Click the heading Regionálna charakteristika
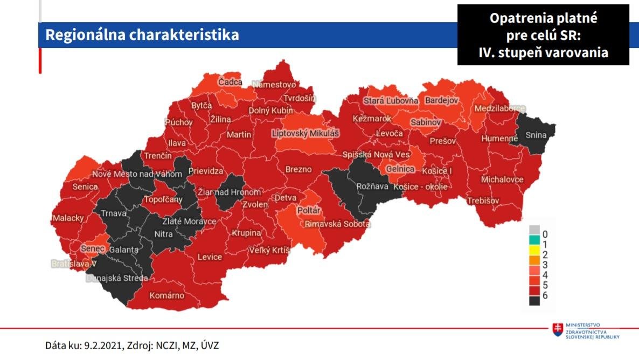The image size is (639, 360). pyautogui.click(x=142, y=35)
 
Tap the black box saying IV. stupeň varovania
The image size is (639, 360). pyautogui.click(x=543, y=35)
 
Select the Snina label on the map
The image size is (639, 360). pyautogui.click(x=536, y=135)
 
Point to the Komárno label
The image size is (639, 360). pyautogui.click(x=167, y=295)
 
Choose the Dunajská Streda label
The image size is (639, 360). pyautogui.click(x=117, y=279)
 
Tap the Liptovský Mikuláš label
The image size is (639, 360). pyautogui.click(x=306, y=133)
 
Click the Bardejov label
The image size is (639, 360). pyautogui.click(x=441, y=101)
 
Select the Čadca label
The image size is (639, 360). pyautogui.click(x=230, y=82)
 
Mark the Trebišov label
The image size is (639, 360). pyautogui.click(x=483, y=200)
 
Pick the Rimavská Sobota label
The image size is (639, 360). pyautogui.click(x=338, y=224)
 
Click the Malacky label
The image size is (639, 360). pyautogui.click(x=68, y=218)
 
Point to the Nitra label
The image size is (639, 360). pyautogui.click(x=164, y=234)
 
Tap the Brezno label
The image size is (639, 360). pyautogui.click(x=298, y=169)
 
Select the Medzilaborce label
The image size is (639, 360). pyautogui.click(x=499, y=109)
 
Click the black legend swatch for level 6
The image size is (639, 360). pyautogui.click(x=534, y=300)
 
